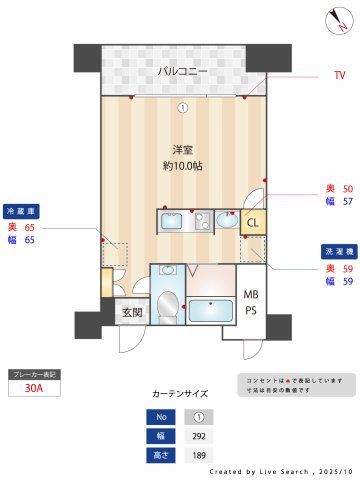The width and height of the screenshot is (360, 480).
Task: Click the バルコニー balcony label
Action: (181, 71)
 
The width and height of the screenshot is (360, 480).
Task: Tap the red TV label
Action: (339, 75)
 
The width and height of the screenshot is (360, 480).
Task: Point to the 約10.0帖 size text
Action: (183, 166)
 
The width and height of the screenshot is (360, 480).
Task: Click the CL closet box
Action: (253, 222)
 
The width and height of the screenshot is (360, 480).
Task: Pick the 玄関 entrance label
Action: (132, 313)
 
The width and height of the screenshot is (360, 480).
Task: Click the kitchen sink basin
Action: (168, 221)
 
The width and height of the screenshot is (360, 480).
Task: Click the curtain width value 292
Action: (199, 436)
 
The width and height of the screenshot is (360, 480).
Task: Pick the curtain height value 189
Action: (199, 455)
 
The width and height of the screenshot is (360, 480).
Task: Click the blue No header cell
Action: (157, 417)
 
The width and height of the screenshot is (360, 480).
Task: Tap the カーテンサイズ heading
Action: (181, 394)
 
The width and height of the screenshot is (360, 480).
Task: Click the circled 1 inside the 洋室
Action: (183, 108)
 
